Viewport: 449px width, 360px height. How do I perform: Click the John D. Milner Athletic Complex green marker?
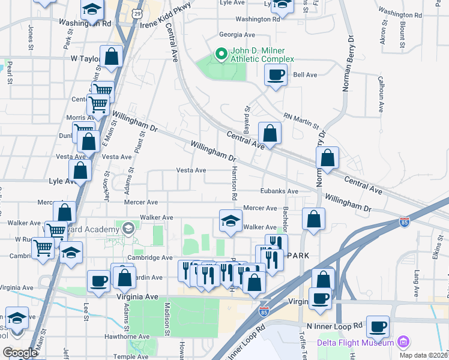[221, 55]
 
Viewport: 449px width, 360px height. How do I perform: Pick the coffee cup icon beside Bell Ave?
[276, 75]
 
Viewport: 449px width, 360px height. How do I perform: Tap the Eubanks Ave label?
[279, 191]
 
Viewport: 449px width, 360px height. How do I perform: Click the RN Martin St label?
[301, 121]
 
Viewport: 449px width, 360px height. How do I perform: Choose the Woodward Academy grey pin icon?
[128, 229]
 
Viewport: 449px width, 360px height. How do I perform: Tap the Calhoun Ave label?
[381, 94]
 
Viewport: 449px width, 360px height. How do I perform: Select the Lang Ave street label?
[416, 282]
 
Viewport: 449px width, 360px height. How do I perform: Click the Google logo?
[20, 353]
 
